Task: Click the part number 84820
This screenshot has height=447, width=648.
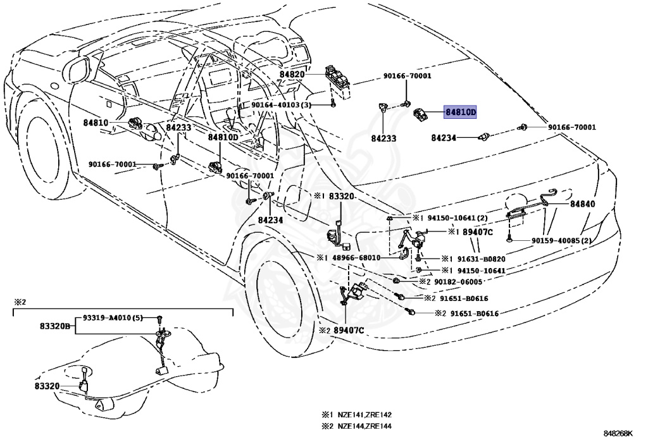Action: click(292, 74)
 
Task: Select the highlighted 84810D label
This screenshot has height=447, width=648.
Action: click(460, 113)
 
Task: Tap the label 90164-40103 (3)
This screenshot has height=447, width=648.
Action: click(280, 105)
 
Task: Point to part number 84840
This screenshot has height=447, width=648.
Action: click(582, 204)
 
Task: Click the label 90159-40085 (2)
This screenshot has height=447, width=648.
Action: click(561, 240)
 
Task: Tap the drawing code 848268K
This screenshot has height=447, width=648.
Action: click(618, 434)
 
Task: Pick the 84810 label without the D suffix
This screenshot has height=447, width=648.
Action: click(95, 123)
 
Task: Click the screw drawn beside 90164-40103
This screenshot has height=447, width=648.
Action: click(332, 104)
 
